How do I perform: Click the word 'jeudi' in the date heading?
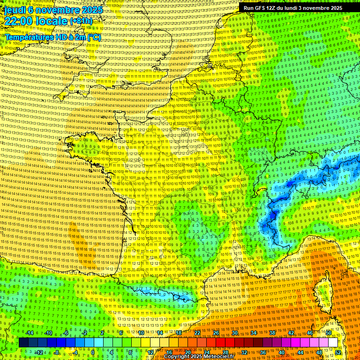[15, 9]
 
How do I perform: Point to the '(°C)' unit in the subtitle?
[93, 37]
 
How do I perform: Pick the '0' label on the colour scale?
[93, 352]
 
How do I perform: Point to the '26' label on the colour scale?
[216, 333]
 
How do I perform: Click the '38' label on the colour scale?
[272, 333]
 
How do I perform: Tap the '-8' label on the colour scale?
[56, 352]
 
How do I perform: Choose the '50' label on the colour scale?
[329, 333]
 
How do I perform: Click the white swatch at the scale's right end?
[333, 343]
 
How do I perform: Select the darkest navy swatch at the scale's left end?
[24, 343]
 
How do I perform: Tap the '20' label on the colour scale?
[187, 352]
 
